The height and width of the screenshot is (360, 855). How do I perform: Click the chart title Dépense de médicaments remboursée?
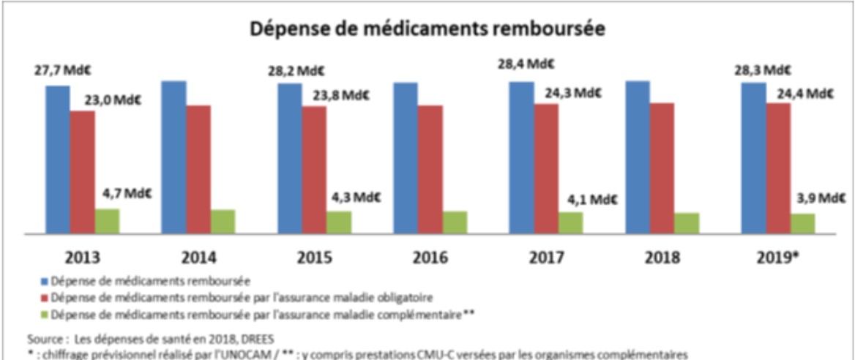(427, 30)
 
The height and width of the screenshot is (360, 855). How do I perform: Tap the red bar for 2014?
(198, 169)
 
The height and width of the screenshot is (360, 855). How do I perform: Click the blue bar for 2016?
(406, 157)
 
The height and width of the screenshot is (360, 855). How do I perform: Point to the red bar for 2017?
(546, 168)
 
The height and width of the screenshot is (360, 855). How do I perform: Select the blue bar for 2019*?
(753, 157)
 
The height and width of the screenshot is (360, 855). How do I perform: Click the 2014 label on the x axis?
(200, 258)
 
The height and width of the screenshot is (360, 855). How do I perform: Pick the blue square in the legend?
(47, 280)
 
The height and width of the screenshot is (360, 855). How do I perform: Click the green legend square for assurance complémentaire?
(47, 314)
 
